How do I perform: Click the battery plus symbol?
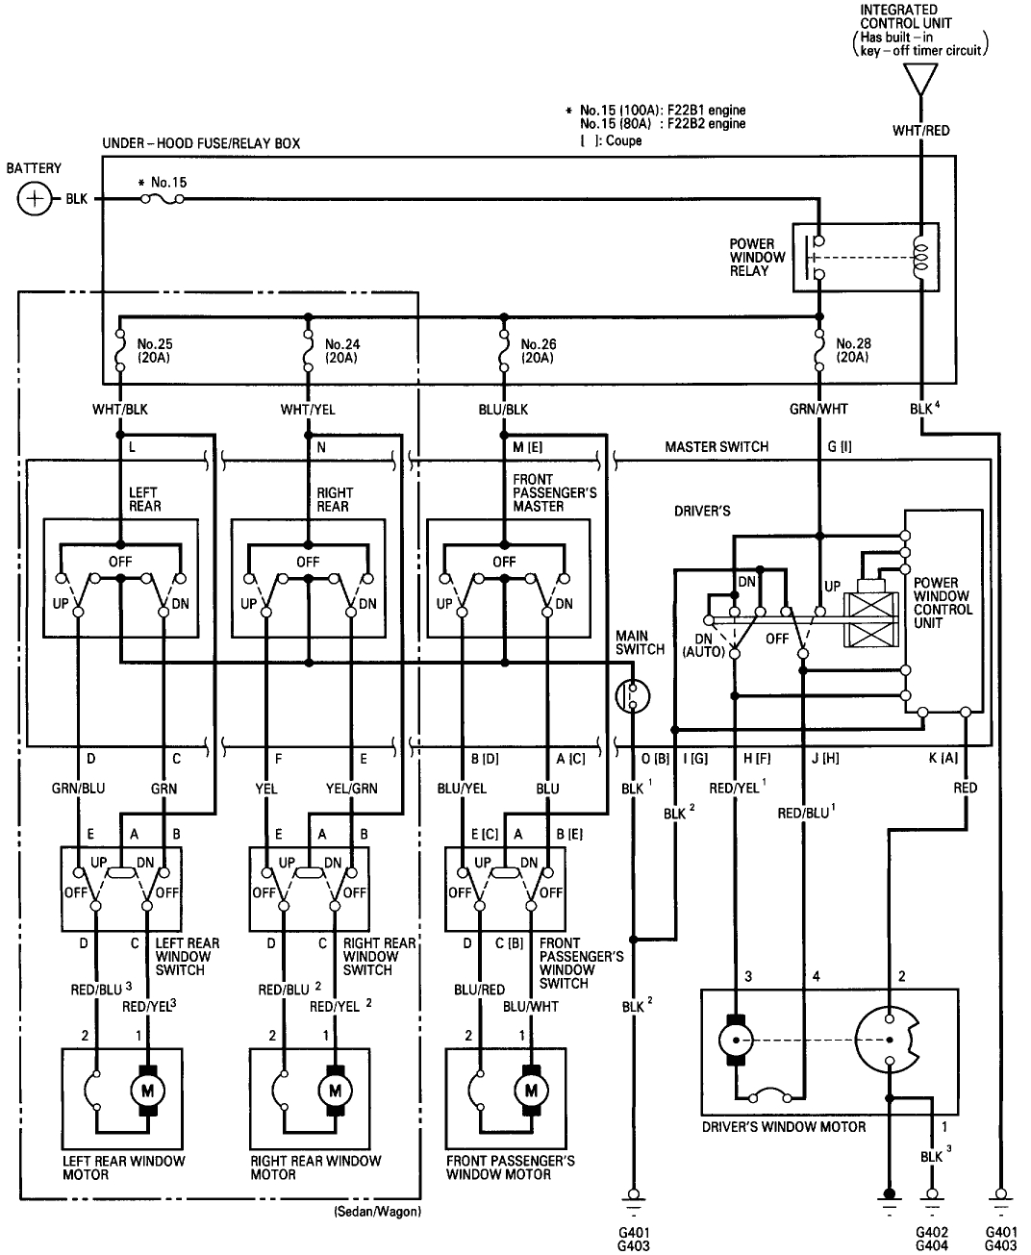coord(35,200)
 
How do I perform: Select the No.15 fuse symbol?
coord(163,200)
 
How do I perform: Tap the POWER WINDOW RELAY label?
coord(757,258)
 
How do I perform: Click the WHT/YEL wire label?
coord(308,410)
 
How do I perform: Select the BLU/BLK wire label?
coord(502,410)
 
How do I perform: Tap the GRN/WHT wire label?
coord(818,410)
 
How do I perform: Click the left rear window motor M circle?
coord(148,1091)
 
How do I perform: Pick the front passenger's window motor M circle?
coord(528,1091)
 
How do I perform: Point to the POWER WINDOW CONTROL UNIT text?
coord(943,603)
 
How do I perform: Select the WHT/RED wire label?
coord(920,130)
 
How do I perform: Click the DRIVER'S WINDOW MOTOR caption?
coord(783,1127)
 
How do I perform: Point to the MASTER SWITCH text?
coord(717,447)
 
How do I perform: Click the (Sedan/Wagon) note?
coord(377,1211)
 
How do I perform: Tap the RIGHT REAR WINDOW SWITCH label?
coord(379,957)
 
